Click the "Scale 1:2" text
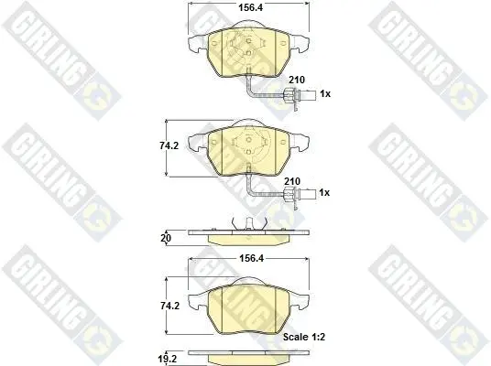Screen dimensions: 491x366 coord(304,337)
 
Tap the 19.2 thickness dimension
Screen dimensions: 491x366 coord(168,359)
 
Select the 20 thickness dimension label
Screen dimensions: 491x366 coord(166,238)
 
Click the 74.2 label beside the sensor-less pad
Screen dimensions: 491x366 coord(169,306)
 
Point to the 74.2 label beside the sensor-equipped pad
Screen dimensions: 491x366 coord(169,145)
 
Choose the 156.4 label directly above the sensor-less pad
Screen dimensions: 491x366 coord(251,258)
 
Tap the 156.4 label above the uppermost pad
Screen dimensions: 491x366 coord(251,7)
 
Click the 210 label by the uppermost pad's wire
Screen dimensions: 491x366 coord(297,80)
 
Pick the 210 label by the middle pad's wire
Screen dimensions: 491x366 coord(292,181)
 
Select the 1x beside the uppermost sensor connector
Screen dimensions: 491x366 coord(325,93)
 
